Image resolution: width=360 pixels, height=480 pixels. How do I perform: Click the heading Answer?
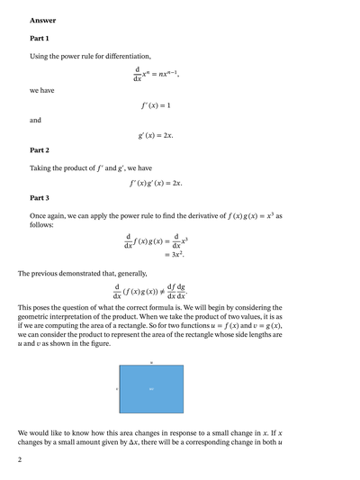coord(42,20)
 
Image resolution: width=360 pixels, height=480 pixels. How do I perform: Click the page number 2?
coord(19,459)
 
